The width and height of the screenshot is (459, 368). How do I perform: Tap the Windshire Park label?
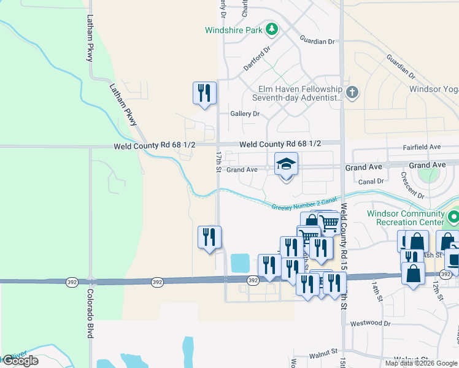tap(233, 29)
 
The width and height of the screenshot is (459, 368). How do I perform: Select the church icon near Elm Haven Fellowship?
tap(352, 93)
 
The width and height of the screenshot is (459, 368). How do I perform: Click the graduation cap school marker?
tap(285, 164)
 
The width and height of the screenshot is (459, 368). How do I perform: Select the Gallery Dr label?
tap(245, 114)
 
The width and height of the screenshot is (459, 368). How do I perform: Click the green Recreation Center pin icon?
tap(453, 217)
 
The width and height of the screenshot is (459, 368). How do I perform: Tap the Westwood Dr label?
tap(370, 323)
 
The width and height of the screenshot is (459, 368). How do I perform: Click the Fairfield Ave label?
tap(422, 147)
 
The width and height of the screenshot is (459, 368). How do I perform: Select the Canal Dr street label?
tap(371, 181)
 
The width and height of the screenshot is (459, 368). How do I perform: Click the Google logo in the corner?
tap(20, 361)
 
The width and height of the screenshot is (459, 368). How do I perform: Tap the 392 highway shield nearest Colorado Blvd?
tap(72, 282)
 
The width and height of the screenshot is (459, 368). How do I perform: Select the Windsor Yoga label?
tap(434, 90)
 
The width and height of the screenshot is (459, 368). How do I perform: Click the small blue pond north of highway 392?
tap(240, 264)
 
